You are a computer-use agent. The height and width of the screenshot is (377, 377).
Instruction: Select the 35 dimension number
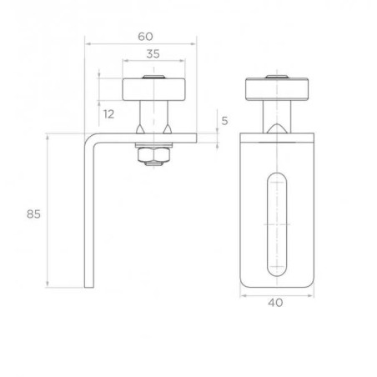(153, 53)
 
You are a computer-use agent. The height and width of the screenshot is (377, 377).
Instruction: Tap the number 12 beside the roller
(108, 113)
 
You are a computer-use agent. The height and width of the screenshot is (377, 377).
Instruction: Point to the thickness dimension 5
(224, 121)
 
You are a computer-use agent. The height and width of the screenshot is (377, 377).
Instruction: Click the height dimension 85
(33, 214)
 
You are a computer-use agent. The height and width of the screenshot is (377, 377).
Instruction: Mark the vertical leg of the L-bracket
(90, 217)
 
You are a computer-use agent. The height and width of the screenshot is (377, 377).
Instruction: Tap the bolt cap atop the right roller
(276, 77)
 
